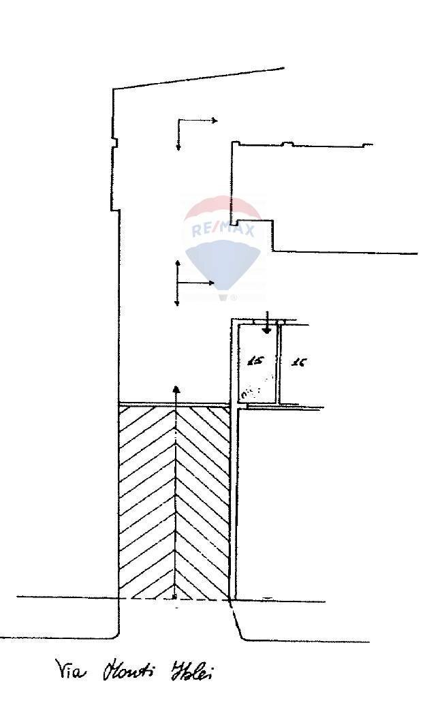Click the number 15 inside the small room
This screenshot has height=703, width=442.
pyautogui.click(x=256, y=361)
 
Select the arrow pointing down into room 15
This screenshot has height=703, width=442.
pyautogui.click(x=267, y=329)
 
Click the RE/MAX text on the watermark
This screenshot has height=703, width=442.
pyautogui.click(x=223, y=230)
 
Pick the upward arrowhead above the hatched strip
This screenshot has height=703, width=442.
pyautogui.click(x=176, y=389)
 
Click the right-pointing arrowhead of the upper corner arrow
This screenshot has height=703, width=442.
pyautogui.click(x=215, y=121)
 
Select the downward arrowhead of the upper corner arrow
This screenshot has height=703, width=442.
pyautogui.click(x=178, y=147)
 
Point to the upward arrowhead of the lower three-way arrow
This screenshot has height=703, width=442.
pyautogui.click(x=178, y=262)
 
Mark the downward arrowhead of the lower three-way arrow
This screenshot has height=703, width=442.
pyautogui.click(x=178, y=303)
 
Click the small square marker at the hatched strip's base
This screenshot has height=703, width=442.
pyautogui.click(x=175, y=597)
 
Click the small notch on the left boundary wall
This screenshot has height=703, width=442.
pyautogui.click(x=114, y=143)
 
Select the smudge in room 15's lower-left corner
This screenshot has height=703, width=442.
pyautogui.click(x=247, y=392)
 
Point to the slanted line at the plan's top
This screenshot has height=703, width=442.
pyautogui.click(x=198, y=78)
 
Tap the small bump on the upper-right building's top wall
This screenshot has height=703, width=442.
pyautogui.click(x=287, y=143)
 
